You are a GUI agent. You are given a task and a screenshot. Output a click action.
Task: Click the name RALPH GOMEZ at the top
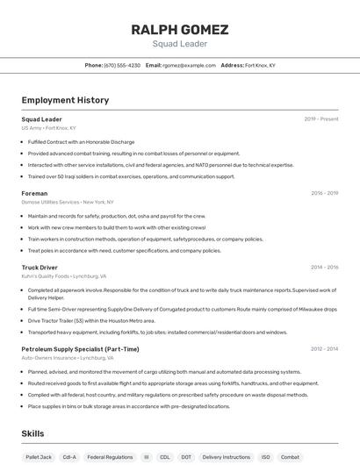179,30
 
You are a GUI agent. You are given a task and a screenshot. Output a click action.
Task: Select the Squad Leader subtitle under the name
179,44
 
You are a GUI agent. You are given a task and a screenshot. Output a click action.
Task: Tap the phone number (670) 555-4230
122,65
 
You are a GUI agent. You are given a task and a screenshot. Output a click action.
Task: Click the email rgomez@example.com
188,65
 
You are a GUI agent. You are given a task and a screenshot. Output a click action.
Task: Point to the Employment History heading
65,100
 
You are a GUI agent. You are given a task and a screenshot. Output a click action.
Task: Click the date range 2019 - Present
321,118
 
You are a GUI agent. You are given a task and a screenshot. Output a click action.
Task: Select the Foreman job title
34,193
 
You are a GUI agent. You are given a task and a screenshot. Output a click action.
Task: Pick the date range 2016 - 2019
324,193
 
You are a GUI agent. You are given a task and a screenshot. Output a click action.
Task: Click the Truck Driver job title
40,267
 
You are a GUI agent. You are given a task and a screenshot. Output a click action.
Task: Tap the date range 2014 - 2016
324,267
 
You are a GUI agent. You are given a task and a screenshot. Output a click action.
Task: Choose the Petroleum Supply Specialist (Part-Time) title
80,349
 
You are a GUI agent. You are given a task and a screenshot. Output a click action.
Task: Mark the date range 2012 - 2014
324,349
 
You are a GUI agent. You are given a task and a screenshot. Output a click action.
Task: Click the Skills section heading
33,433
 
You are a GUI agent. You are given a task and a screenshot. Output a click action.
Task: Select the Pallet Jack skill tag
39,457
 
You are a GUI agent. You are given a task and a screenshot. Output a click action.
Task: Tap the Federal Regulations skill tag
110,457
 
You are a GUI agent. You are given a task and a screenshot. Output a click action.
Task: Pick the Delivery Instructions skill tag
226,457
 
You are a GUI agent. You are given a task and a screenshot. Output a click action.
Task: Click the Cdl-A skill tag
69,457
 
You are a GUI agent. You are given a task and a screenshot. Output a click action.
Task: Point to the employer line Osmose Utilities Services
69,202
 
